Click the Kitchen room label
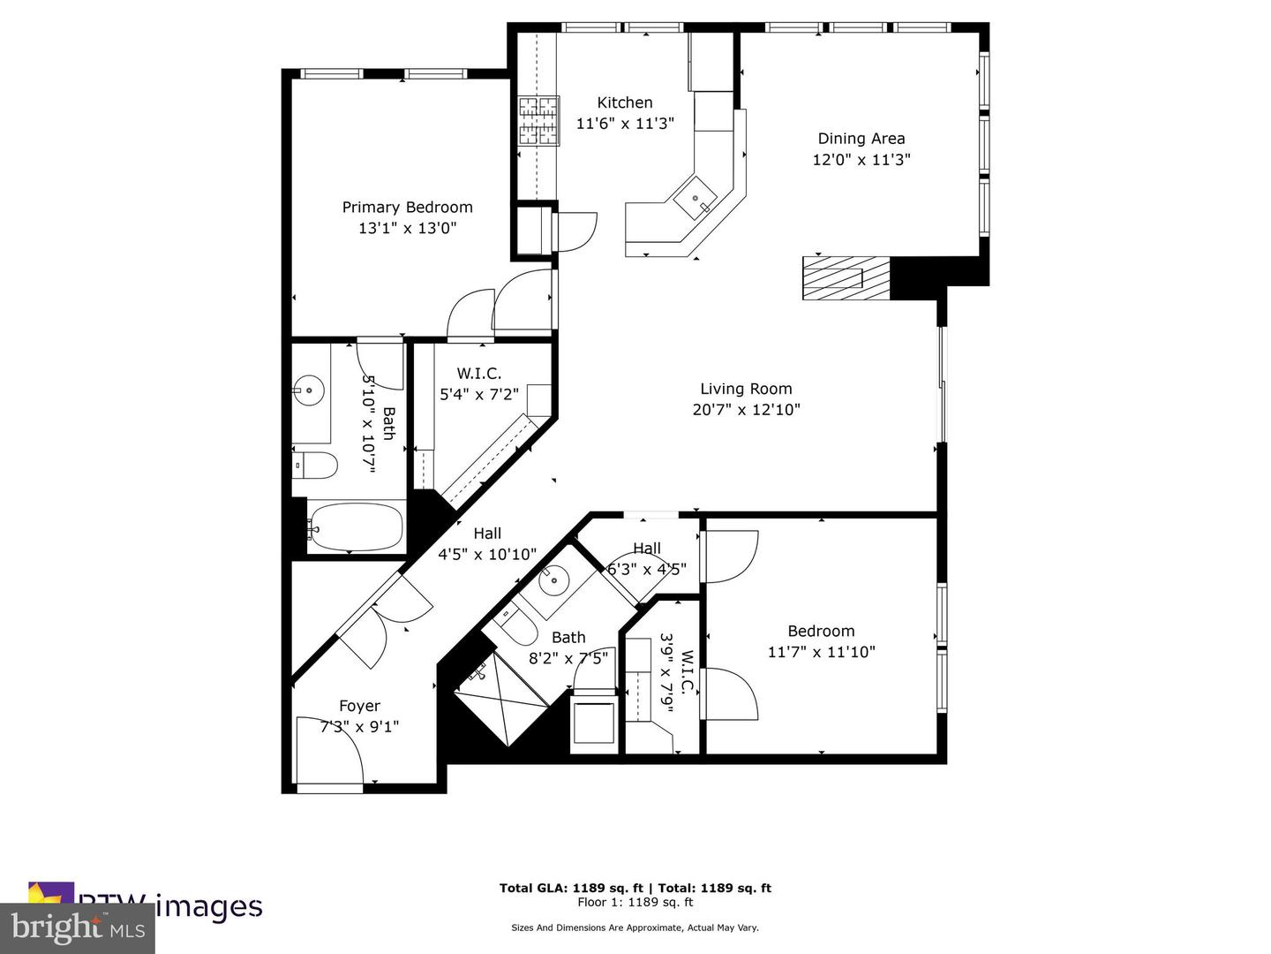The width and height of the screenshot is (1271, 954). click(x=625, y=102)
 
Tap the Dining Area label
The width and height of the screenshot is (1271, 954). click(x=861, y=138)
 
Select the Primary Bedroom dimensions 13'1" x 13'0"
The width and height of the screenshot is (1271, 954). click(x=407, y=229)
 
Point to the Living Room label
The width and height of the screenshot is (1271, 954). click(x=746, y=389)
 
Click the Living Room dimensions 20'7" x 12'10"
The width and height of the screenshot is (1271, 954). click(x=746, y=410)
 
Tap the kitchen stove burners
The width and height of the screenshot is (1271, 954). click(x=538, y=121)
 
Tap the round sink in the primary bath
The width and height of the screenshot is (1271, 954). click(x=309, y=390)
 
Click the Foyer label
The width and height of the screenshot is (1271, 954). click(x=359, y=706)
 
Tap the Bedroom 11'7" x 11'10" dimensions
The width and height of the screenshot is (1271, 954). click(x=821, y=653)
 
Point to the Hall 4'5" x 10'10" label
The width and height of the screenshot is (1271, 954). click(x=487, y=544)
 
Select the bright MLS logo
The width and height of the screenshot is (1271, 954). click(x=78, y=927)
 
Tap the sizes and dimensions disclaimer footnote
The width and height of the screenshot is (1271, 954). click(x=635, y=927)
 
